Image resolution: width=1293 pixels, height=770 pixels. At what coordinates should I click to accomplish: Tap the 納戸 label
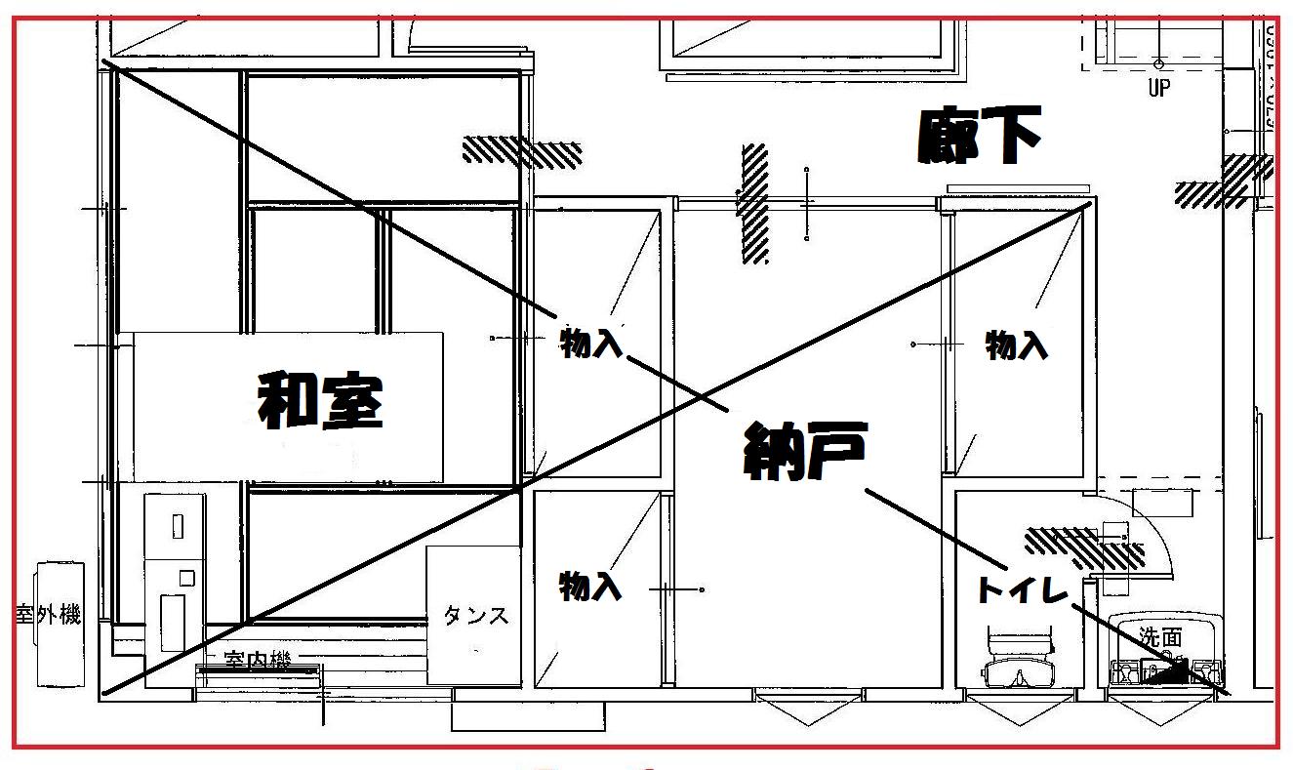pos(804,450)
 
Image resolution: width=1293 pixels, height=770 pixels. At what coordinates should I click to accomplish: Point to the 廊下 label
pos(979,136)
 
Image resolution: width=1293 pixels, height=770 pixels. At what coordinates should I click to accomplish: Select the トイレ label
pos(1020,589)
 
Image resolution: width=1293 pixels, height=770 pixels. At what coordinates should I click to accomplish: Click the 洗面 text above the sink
pos(1160,638)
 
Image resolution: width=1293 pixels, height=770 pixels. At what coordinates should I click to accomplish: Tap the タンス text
pos(476,616)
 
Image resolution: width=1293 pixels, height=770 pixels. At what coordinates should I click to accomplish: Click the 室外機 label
pos(48,615)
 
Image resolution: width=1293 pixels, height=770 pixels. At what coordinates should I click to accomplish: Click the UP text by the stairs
pos(1158,89)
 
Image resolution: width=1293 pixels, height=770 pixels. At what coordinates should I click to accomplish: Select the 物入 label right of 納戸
pos(1016,344)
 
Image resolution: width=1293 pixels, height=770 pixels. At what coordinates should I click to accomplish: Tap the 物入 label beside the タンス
pos(589,586)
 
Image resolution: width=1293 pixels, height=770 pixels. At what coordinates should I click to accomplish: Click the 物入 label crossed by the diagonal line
pos(591,342)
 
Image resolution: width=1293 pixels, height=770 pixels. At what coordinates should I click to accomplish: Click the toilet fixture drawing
pos(1020,663)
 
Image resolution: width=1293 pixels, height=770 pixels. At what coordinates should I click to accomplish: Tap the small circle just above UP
pos(1158,64)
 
